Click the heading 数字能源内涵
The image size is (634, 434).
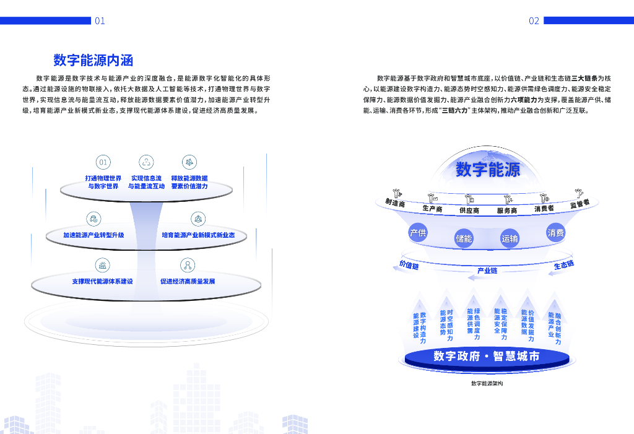click(x=93, y=60)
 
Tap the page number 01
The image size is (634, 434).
click(x=100, y=21)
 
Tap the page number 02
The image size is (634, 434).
click(x=534, y=21)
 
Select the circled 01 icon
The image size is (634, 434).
click(x=103, y=162)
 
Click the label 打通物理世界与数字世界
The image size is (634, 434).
click(x=103, y=182)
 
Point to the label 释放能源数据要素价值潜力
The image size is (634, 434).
click(x=189, y=182)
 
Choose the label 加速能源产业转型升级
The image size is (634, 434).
click(x=93, y=235)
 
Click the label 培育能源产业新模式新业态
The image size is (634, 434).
click(x=198, y=235)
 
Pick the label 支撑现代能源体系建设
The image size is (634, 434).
click(x=102, y=281)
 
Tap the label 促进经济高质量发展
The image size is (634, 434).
click(x=188, y=281)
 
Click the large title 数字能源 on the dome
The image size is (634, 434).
click(x=488, y=169)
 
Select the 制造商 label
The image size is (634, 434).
click(x=394, y=202)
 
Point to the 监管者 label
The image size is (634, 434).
click(x=580, y=203)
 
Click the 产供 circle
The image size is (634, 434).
click(x=418, y=233)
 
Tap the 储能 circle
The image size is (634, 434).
click(x=464, y=238)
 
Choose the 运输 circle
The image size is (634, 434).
click(x=510, y=238)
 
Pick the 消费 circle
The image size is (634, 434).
click(x=555, y=233)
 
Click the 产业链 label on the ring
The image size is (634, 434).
click(x=487, y=271)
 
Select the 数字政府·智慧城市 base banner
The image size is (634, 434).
click(x=486, y=356)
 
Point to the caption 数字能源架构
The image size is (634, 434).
click(x=487, y=383)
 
